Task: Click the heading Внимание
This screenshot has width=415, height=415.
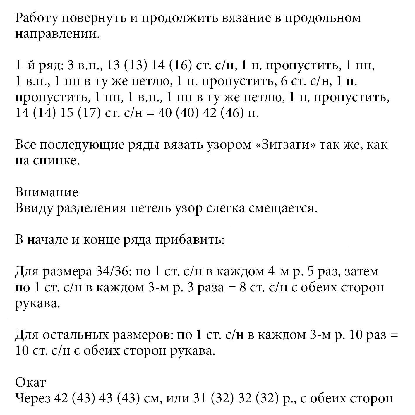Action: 47,192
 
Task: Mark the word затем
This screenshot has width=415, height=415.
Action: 362,272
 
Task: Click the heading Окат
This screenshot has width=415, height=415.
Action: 30,382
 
